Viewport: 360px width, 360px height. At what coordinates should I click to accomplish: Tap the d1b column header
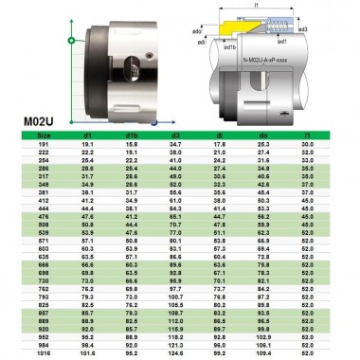132,135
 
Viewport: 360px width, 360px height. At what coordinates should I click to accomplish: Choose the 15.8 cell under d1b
132,143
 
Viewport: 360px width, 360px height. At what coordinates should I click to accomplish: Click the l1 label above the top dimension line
258,6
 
